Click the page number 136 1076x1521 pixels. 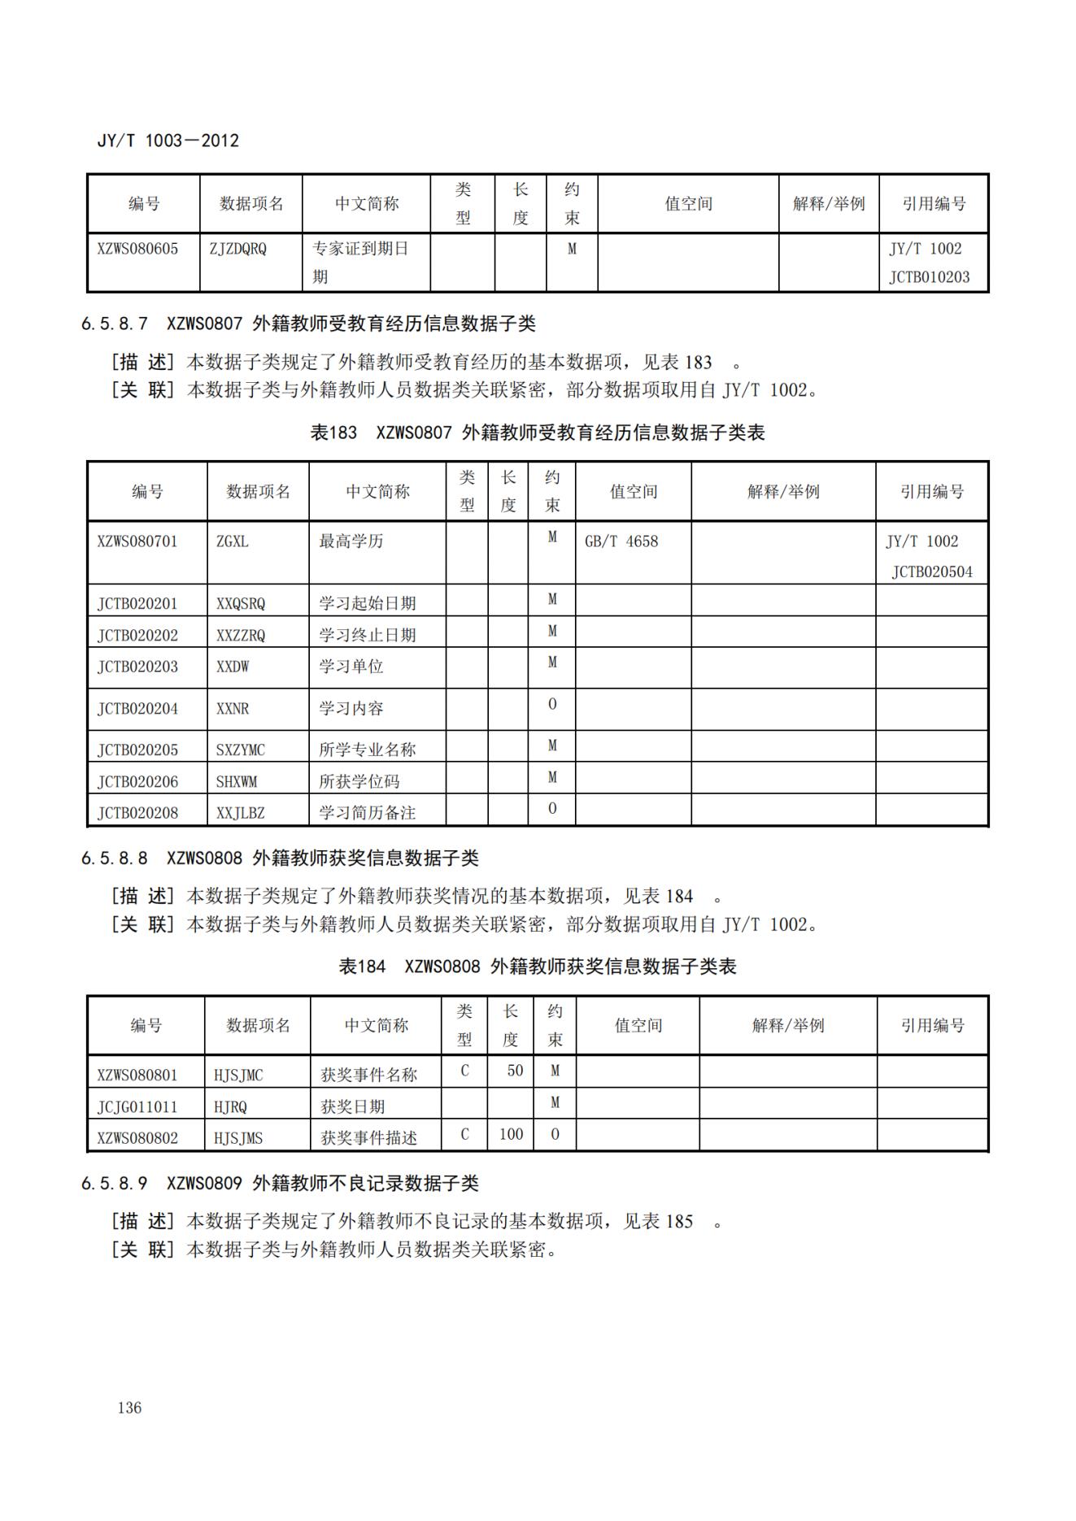click(x=129, y=1407)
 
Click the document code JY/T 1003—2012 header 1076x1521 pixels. click(x=168, y=141)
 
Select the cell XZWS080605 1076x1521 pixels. click(x=137, y=249)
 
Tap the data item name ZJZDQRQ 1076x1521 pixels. click(x=237, y=249)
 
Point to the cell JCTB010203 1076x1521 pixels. click(x=929, y=277)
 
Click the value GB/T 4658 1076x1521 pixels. click(x=621, y=541)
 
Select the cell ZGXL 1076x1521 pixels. click(x=233, y=541)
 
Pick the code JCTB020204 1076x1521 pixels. click(x=137, y=709)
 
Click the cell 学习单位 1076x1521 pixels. click(x=351, y=667)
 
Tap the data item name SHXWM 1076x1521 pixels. click(x=237, y=782)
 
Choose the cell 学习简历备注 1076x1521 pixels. click(x=367, y=813)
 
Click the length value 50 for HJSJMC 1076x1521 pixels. click(x=515, y=1071)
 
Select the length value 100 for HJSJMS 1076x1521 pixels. click(x=511, y=1134)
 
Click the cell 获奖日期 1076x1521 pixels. click(x=353, y=1107)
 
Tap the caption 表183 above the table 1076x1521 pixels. click(x=333, y=432)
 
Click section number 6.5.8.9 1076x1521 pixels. click(x=114, y=1184)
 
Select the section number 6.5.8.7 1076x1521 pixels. click(x=114, y=324)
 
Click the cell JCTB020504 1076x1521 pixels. click(x=932, y=572)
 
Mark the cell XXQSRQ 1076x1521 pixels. click(x=241, y=604)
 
